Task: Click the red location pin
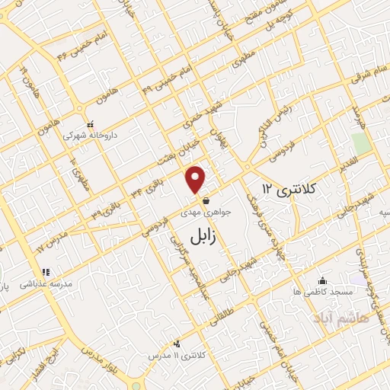(x=197, y=179)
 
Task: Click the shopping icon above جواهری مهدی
(x=206, y=203)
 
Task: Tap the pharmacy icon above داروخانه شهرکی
(x=90, y=124)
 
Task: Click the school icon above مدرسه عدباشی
(x=46, y=272)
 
